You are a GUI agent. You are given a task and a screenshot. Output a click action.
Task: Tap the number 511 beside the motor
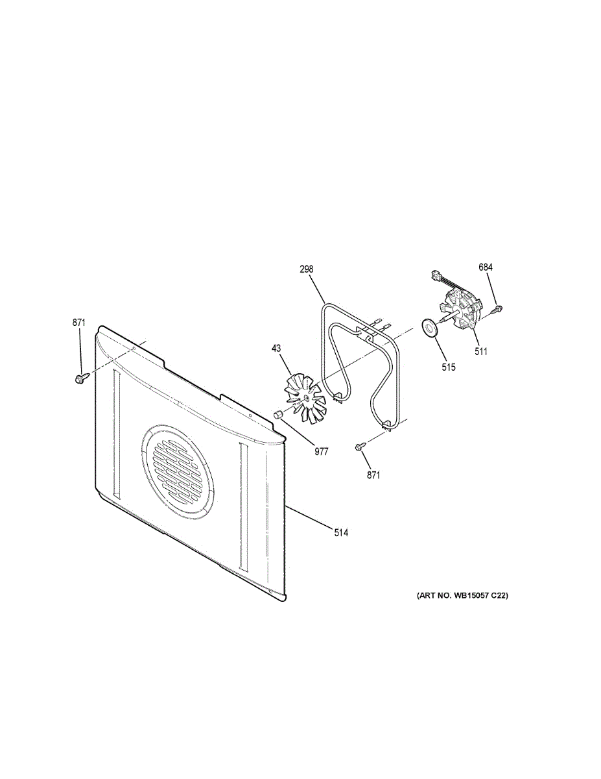coord(480,352)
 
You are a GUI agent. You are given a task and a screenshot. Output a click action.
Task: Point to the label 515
coord(449,367)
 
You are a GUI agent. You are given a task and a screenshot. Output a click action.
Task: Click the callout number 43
coord(276,349)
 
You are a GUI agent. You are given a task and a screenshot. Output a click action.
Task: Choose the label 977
coord(322,452)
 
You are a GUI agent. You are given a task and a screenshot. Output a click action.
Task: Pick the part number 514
coord(341,533)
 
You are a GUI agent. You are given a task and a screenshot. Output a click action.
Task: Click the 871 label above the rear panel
coord(79,322)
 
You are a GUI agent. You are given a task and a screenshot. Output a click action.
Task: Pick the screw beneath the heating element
coord(360,447)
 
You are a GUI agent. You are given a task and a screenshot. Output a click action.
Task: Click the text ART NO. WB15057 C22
coord(458,595)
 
